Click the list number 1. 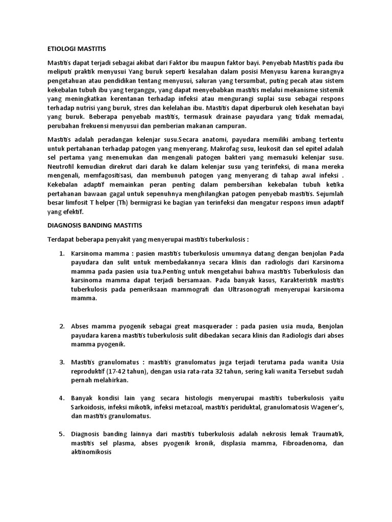tap(61, 253)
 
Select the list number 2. tap(61, 326)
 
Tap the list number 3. tap(61, 362)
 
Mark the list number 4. tap(61, 398)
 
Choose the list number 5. tap(61, 434)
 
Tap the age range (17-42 tap(115, 371)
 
